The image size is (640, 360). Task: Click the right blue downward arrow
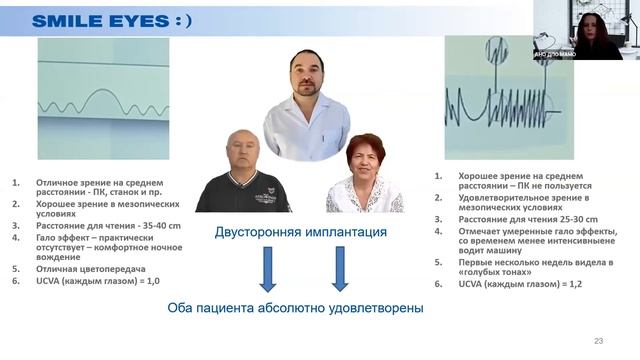point(339,268)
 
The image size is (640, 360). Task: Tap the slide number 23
point(598,341)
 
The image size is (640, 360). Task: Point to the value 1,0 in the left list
point(154,281)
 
